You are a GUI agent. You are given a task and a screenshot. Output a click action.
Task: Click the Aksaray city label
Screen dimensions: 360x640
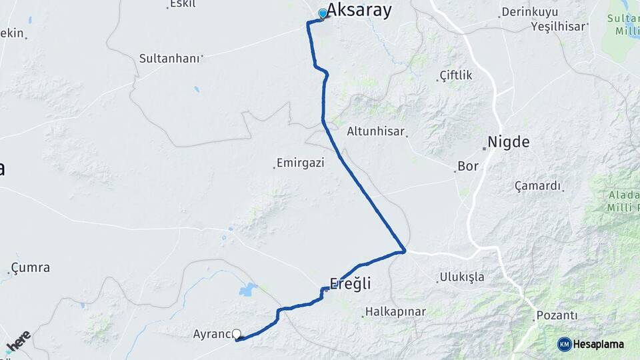359,11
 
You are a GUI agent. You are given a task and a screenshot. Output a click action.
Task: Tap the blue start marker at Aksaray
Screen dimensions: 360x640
323,14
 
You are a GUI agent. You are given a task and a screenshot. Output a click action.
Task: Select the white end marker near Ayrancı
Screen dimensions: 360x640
236,334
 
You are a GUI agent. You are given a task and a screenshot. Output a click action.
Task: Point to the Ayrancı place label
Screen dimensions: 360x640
212,333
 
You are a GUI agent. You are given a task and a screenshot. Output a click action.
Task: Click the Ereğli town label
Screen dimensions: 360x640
350,283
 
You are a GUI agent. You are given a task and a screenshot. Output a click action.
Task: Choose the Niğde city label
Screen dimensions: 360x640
509,142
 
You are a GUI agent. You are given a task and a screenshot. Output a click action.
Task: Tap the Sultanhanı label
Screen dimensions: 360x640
169,59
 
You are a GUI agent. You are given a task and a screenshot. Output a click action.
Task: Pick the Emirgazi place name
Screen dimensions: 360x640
301,163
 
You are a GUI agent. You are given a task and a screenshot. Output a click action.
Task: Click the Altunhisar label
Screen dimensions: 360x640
375,131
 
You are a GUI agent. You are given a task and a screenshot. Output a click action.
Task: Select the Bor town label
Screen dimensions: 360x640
468,166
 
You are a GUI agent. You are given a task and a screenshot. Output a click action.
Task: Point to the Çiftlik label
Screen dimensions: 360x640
456,75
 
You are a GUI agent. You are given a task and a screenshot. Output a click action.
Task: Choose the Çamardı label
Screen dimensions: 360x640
537,186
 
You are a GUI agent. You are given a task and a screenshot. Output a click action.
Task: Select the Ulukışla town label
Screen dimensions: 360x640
462,277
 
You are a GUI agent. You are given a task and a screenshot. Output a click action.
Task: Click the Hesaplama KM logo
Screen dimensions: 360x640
591,344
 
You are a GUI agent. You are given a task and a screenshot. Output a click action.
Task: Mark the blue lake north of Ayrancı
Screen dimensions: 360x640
248,289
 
